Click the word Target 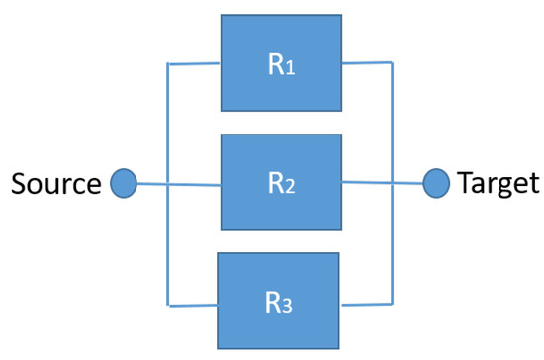tap(498, 183)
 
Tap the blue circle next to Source tap(123, 183)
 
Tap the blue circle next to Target tap(436, 183)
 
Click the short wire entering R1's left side tap(194, 64)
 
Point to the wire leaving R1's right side tap(368, 65)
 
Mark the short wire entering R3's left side tap(194, 301)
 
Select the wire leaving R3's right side tap(368, 301)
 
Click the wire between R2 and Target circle tap(384, 183)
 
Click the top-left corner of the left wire tap(169, 65)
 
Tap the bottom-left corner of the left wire tap(169, 301)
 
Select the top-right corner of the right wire tap(394, 65)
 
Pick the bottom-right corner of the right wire tap(394, 301)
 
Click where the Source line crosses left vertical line tap(169, 184)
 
